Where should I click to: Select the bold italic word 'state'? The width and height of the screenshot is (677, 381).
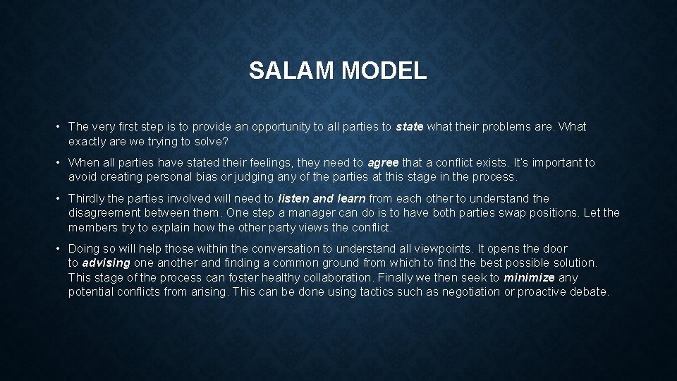[x=410, y=127]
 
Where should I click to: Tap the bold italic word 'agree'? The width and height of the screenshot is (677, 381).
[x=384, y=163]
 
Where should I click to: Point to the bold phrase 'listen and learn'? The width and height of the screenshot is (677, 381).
[x=322, y=199]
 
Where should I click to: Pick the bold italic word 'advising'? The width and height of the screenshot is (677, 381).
[x=106, y=263]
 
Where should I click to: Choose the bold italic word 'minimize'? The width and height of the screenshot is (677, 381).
[x=529, y=277]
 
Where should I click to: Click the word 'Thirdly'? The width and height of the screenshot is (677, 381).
[x=86, y=199]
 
